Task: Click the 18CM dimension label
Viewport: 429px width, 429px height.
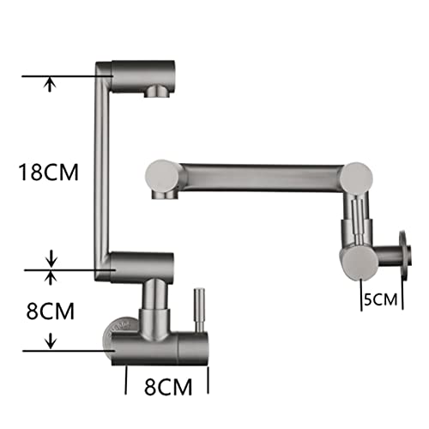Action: [48, 172]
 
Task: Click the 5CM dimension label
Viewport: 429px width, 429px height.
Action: [381, 299]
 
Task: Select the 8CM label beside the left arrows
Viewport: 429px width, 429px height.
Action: [51, 311]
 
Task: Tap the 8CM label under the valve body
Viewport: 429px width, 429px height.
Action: [168, 387]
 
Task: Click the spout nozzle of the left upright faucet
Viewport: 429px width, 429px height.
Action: [156, 91]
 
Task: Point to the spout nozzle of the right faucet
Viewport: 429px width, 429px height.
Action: [164, 195]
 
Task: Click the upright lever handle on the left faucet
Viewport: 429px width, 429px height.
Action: [199, 311]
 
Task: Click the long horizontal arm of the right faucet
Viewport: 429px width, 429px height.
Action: [262, 177]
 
